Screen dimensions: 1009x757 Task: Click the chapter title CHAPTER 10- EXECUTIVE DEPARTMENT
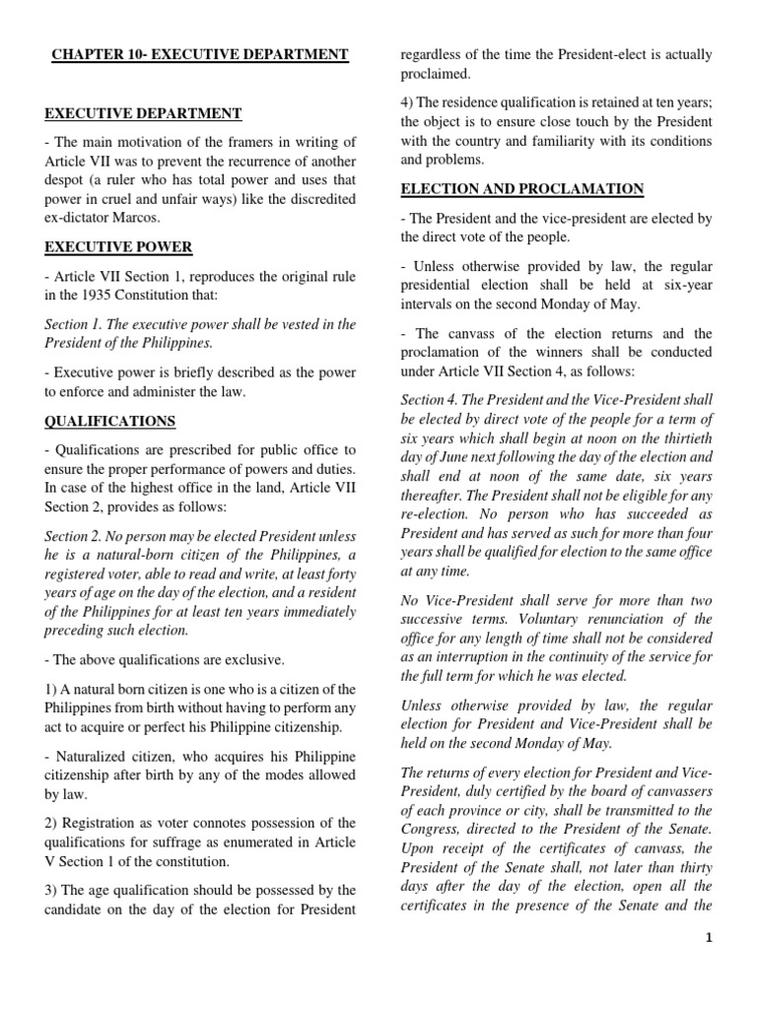pyautogui.click(x=200, y=54)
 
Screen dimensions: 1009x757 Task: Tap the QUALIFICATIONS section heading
pyautogui.click(x=109, y=421)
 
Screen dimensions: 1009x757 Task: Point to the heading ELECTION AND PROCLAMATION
pyautogui.click(x=521, y=188)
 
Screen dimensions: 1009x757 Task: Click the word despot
pyautogui.click(x=68, y=180)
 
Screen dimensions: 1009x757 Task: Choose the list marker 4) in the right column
pyautogui.click(x=408, y=103)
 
